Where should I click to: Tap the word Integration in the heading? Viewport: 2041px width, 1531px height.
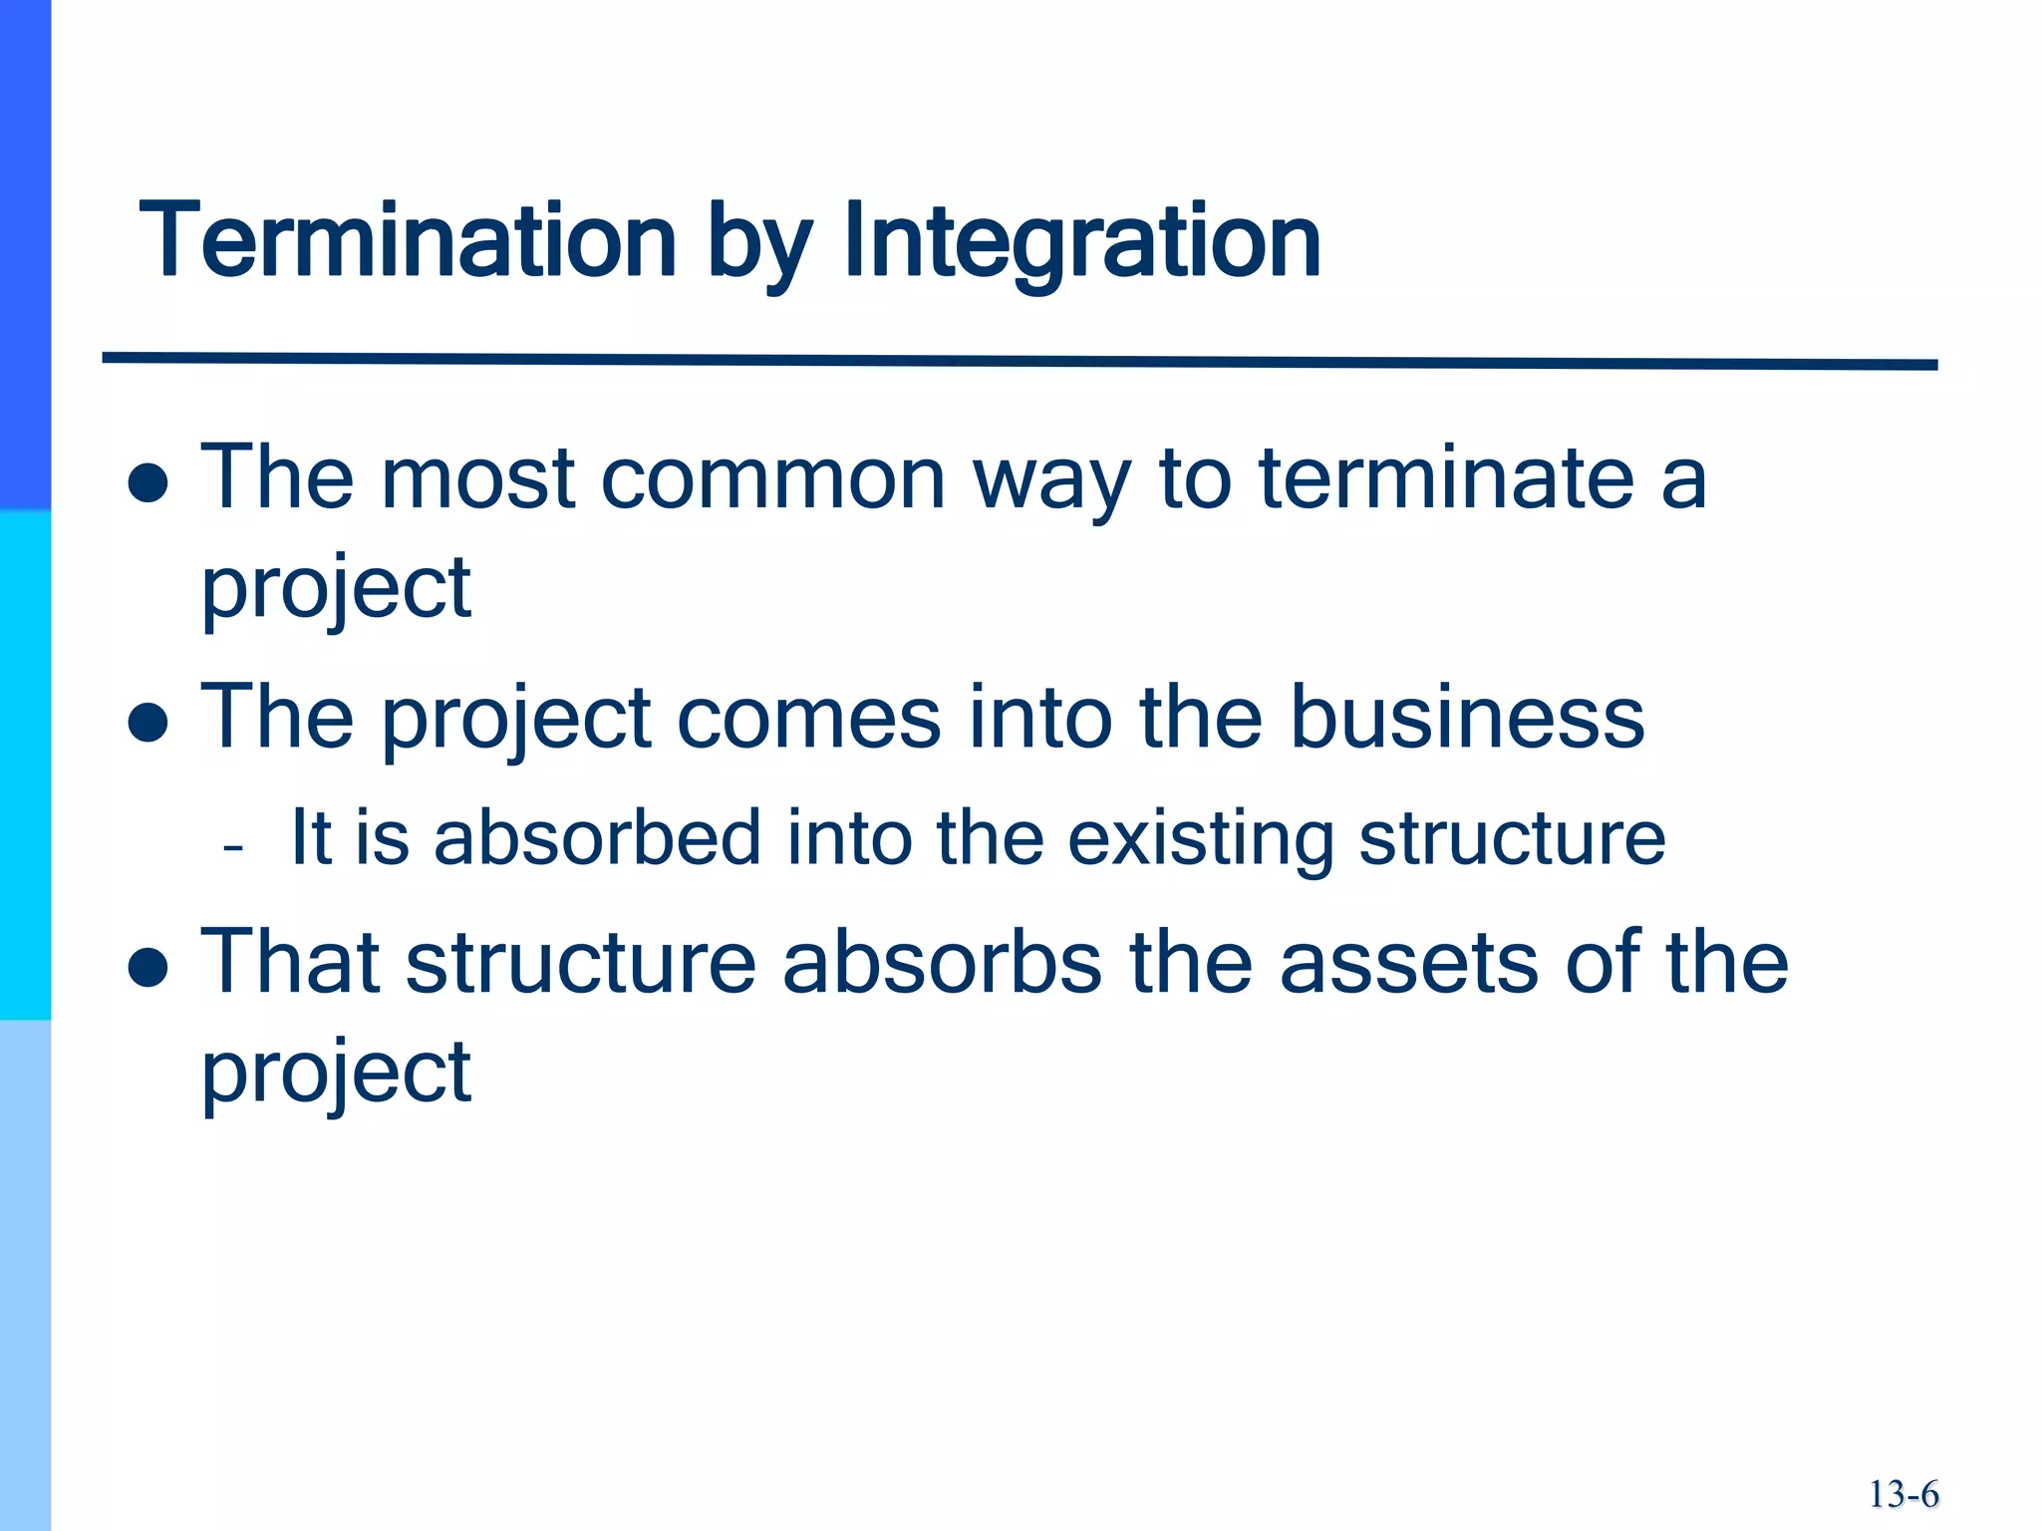tap(1082, 243)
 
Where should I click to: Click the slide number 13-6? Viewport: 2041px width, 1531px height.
tap(1903, 1494)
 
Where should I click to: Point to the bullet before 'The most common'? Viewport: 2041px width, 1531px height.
tap(148, 483)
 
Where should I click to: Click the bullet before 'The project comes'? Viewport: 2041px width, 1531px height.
tap(148, 723)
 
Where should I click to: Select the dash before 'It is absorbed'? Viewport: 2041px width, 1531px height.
tap(234, 849)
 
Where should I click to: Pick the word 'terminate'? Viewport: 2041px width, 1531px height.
tap(1446, 478)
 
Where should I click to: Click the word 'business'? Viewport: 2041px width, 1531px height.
tap(1467, 718)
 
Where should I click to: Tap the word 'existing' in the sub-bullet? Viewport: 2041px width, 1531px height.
tap(1201, 839)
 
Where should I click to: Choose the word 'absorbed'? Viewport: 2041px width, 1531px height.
tap(598, 837)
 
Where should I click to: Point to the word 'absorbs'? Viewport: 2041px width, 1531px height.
tap(942, 963)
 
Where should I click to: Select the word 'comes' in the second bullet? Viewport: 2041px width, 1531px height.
tap(808, 720)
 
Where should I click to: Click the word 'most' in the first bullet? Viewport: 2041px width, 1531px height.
tap(478, 480)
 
